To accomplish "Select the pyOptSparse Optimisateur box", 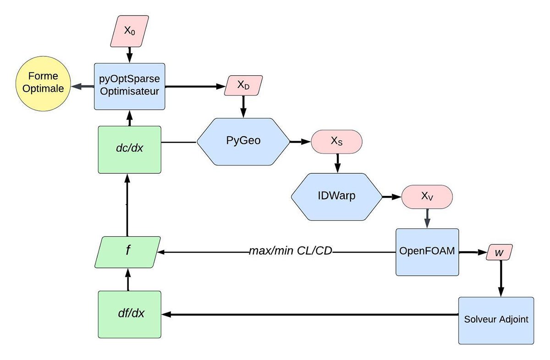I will click(129, 86).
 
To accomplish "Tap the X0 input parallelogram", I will click(129, 31).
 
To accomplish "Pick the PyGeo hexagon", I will click(243, 141).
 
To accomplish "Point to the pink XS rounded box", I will click(337, 142).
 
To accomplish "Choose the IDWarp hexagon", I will click(336, 196).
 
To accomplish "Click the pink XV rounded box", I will click(427, 196).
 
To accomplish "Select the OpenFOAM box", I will click(427, 252).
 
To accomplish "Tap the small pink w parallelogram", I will click(499, 252).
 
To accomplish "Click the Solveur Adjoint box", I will click(496, 320).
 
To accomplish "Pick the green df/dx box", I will click(129, 314).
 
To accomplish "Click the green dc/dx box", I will click(129, 150).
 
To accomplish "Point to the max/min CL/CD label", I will click(290, 252).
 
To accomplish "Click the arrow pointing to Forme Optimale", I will click(82, 86).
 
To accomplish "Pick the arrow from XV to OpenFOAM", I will click(427, 218).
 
